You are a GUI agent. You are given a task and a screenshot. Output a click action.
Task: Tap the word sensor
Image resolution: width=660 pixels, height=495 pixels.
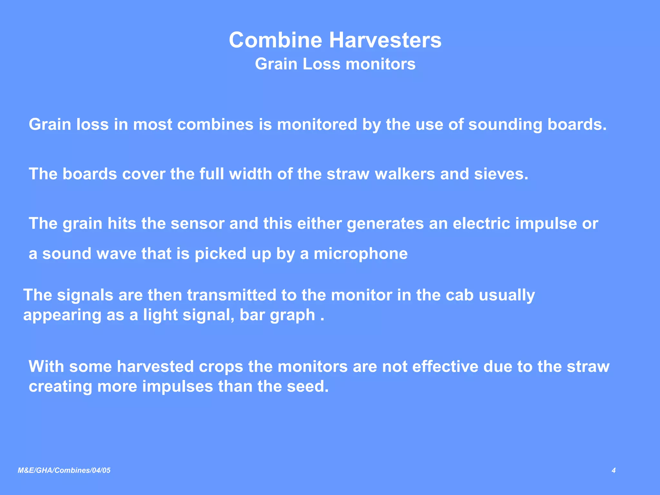pyautogui.click(x=197, y=223)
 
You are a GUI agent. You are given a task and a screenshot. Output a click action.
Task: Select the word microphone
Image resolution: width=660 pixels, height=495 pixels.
pyautogui.click(x=361, y=254)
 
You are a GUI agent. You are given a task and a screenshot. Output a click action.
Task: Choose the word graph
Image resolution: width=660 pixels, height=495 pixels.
pyautogui.click(x=292, y=315)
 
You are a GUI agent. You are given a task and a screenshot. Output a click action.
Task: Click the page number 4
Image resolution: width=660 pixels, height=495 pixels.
pyautogui.click(x=614, y=471)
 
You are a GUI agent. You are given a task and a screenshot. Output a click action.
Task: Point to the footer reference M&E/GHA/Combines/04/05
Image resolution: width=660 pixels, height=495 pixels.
pyautogui.click(x=64, y=471)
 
